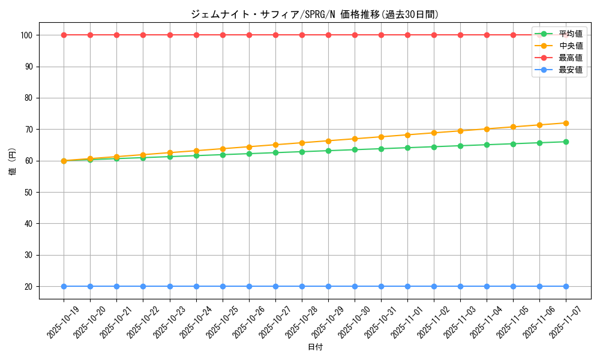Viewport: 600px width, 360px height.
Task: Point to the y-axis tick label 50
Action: (x=29, y=192)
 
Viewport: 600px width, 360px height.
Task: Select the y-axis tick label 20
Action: (x=29, y=286)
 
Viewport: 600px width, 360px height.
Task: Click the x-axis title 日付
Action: (x=315, y=347)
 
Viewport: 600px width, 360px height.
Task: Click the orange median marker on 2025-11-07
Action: (x=566, y=123)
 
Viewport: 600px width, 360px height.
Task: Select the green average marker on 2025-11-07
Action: (x=566, y=142)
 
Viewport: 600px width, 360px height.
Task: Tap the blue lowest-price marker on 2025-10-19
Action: (x=64, y=286)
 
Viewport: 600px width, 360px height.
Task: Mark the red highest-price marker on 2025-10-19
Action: (x=64, y=35)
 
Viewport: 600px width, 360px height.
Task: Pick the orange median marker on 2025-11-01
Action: (x=407, y=135)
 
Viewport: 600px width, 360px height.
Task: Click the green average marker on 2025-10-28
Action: (x=302, y=152)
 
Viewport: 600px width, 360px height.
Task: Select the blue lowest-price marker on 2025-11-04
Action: (x=487, y=286)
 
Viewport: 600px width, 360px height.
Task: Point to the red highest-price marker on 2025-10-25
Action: (x=223, y=35)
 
